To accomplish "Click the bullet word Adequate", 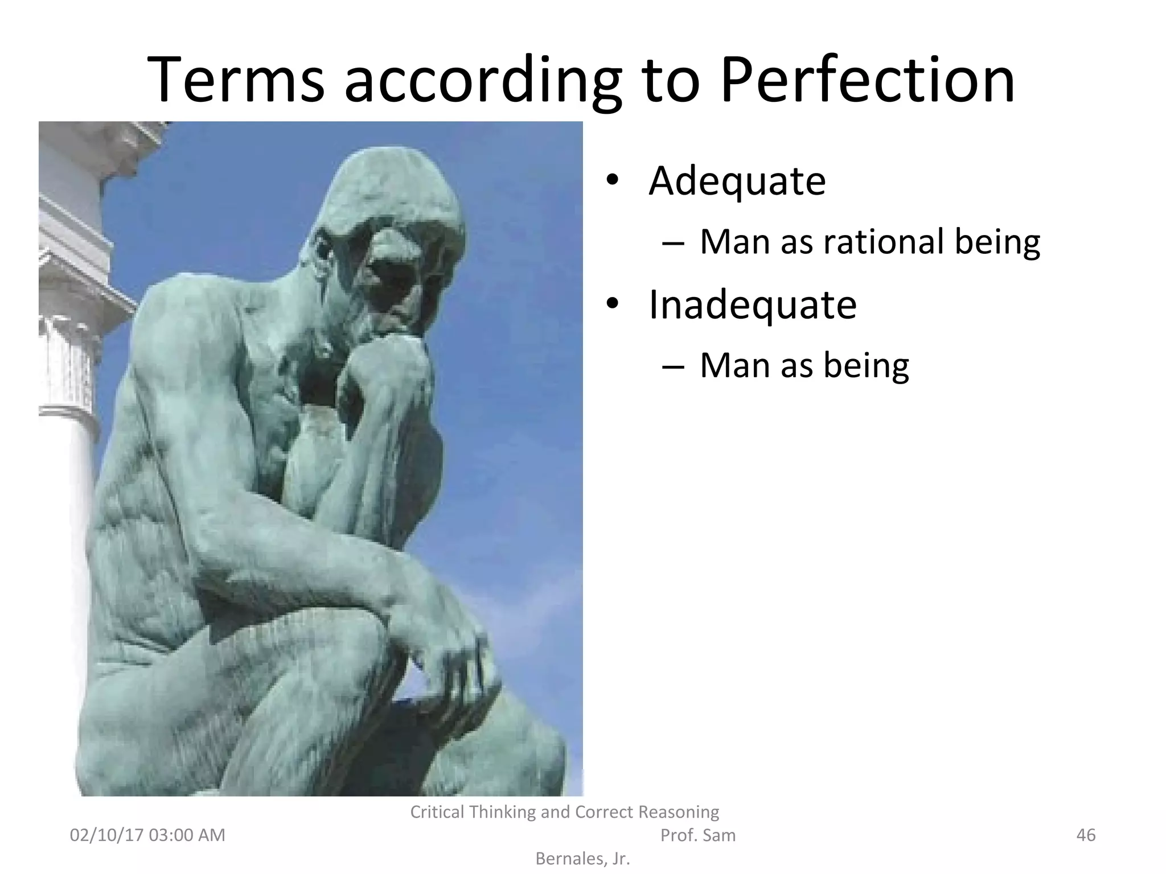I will (x=737, y=181).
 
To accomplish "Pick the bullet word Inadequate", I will (x=752, y=305).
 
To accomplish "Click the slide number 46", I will (x=1086, y=835).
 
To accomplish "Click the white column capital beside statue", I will (x=68, y=336).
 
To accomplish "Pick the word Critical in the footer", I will (x=437, y=812).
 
